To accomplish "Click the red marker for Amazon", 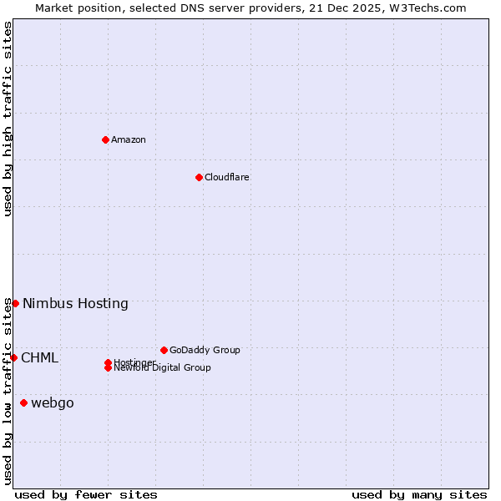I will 105,139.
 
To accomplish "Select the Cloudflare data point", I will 199,177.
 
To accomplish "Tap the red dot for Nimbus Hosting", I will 15,303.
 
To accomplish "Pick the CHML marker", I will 13,357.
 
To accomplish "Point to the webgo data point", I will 23,403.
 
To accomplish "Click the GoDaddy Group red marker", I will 164,350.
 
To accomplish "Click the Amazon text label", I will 128,139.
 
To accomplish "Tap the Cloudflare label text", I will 226,177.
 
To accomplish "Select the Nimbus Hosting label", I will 75,303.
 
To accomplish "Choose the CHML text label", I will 39,357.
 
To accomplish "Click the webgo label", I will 52,403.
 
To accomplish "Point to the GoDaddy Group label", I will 205,350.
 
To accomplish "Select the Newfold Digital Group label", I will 162,368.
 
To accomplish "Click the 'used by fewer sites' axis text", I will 86,494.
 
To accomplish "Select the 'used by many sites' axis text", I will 419,494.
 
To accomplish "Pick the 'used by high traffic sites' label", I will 8,119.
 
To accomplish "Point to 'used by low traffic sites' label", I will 8,391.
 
